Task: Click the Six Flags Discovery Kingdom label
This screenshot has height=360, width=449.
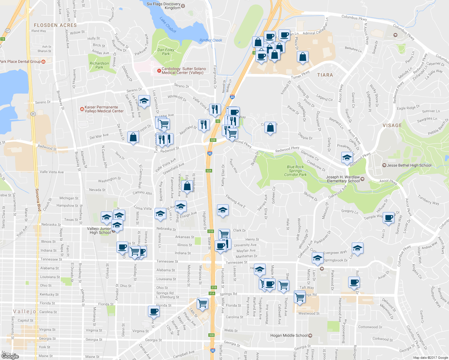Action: point(164,6)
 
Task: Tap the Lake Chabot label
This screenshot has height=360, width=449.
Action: point(168,25)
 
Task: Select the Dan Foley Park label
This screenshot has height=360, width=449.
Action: point(166,52)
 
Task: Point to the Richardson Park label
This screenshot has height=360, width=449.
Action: point(99,65)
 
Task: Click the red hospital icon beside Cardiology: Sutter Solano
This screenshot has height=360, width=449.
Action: point(159,71)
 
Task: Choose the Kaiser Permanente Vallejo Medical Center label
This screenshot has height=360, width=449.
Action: point(104,109)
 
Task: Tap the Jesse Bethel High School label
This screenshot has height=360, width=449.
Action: point(409,165)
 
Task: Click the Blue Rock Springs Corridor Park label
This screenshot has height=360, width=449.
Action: point(295,171)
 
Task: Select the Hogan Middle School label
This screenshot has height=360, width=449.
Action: point(289,335)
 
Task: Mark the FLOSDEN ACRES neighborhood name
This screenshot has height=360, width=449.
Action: point(55,25)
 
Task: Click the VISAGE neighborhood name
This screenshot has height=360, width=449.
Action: point(392,125)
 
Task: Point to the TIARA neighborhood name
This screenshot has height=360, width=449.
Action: point(325,75)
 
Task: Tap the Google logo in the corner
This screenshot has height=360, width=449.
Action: point(10,356)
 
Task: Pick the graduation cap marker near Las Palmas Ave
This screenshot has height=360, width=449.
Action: point(144,101)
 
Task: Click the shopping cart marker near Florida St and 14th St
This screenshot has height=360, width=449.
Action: point(203,303)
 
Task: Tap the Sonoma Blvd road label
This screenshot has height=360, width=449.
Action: point(38,199)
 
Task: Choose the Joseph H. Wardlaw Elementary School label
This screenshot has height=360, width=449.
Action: point(343,179)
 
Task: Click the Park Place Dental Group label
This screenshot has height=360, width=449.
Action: point(20,61)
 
